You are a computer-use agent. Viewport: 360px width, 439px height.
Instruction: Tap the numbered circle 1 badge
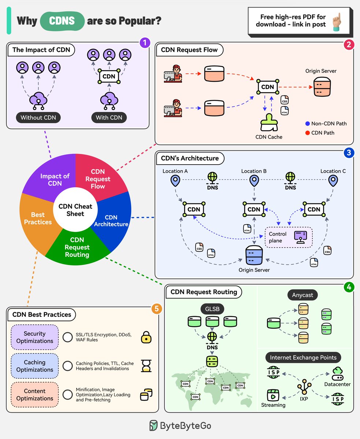point(145,42)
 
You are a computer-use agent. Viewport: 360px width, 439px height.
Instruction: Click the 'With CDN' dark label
point(109,117)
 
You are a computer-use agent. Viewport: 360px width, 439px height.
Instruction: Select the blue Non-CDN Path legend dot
point(307,123)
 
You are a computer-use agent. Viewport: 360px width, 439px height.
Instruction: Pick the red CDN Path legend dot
point(307,132)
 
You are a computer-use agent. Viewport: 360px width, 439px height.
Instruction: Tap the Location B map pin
point(254,180)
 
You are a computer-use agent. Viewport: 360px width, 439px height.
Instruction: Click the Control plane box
point(289,237)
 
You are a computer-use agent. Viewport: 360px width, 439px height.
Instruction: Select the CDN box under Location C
point(314,209)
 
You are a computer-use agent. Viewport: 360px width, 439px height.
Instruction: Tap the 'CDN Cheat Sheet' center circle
point(75,210)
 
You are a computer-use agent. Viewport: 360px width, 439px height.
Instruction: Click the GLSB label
point(212,309)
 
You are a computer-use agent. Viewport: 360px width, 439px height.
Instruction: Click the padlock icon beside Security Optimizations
point(146,338)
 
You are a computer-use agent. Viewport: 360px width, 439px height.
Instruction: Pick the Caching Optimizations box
point(35,366)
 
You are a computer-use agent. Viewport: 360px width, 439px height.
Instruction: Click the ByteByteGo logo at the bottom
point(180,426)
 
